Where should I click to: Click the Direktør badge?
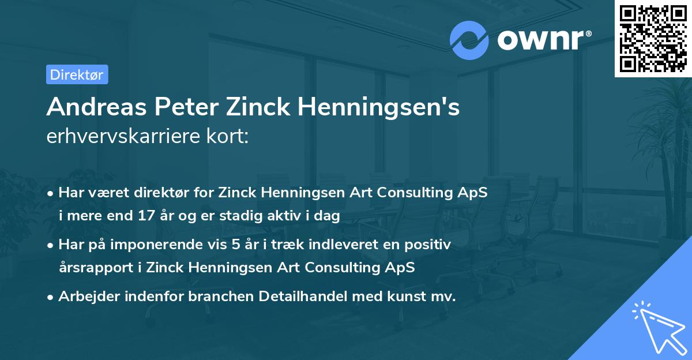[x=77, y=74]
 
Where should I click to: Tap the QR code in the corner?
[x=653, y=38]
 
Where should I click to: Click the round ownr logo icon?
[x=469, y=40]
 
